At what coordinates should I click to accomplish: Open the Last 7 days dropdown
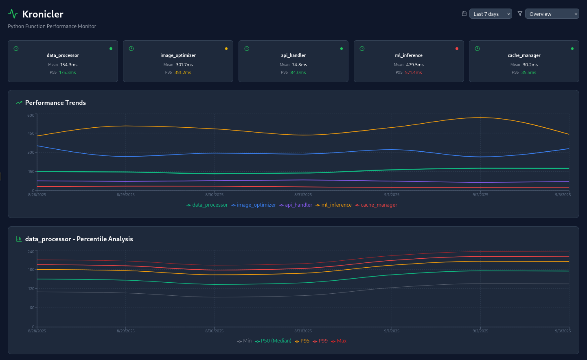(x=491, y=14)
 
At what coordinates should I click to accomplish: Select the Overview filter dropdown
(x=552, y=14)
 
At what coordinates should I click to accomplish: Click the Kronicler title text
(x=43, y=14)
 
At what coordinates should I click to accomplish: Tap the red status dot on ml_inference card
(x=457, y=49)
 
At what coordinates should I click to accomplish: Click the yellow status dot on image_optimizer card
(x=226, y=49)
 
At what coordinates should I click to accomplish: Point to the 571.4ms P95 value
(x=413, y=72)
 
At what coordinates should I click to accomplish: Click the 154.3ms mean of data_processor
(x=69, y=65)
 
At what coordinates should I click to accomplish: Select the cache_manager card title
(x=524, y=55)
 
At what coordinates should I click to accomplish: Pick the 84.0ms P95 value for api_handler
(x=298, y=72)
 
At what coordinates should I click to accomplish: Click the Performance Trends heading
(x=55, y=103)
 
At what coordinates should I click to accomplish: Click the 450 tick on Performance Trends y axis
(x=31, y=133)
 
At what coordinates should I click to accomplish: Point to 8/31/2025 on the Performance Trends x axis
(x=303, y=195)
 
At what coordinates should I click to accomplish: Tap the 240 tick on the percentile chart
(x=31, y=252)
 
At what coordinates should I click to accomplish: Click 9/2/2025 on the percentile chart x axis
(x=480, y=331)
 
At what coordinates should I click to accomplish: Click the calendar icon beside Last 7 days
(x=464, y=13)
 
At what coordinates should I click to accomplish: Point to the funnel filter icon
(x=520, y=13)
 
